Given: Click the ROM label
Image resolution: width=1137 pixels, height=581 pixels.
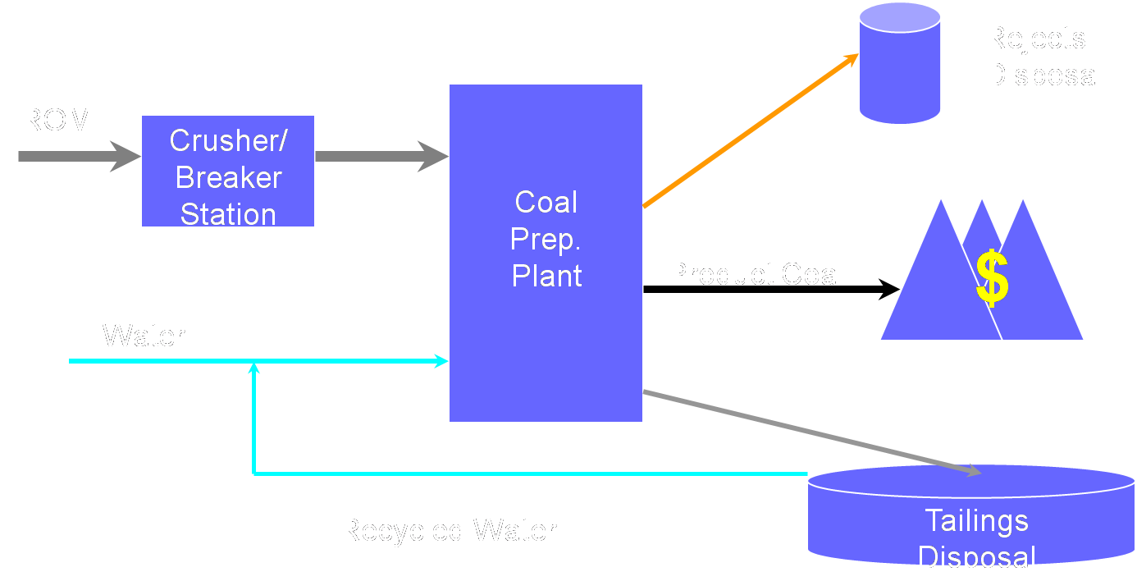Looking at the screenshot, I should [x=57, y=121].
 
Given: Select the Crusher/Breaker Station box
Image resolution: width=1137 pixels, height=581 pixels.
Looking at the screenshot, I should [x=228, y=171].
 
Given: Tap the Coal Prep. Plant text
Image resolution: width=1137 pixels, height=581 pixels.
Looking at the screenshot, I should [x=546, y=239].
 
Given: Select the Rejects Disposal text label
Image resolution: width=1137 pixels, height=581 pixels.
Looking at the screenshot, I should [x=1043, y=57].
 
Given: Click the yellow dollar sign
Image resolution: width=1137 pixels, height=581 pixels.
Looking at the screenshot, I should [x=992, y=278].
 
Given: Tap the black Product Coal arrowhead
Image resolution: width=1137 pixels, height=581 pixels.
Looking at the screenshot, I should [x=890, y=289].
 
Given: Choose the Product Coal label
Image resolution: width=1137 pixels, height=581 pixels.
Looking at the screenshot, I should [x=755, y=274].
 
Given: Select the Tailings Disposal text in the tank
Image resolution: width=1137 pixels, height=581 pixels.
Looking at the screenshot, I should [x=976, y=538].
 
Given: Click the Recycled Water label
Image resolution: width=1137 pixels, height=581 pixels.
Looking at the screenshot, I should [x=448, y=530].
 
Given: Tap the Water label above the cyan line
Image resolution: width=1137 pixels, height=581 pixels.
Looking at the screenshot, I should [x=144, y=336].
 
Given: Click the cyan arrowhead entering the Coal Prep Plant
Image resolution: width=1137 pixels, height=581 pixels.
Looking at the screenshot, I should [x=441, y=361].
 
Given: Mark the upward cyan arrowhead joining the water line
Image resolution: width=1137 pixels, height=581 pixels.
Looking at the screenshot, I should [x=254, y=370].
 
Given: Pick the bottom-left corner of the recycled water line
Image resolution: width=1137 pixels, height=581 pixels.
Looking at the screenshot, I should [x=254, y=473].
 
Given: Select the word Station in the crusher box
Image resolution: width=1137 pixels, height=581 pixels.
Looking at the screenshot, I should [x=228, y=214].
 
